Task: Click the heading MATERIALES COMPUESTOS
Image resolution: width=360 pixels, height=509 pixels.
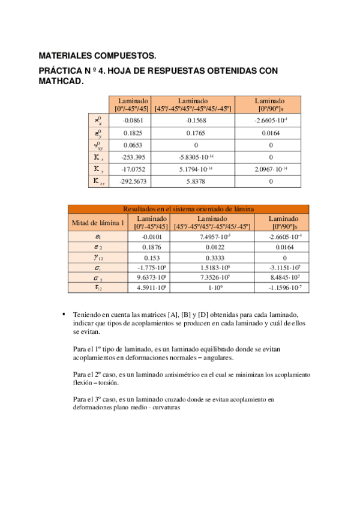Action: [97, 56]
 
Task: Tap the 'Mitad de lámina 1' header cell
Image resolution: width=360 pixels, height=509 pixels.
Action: [98, 223]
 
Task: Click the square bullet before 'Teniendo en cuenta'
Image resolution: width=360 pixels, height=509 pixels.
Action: [64, 314]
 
